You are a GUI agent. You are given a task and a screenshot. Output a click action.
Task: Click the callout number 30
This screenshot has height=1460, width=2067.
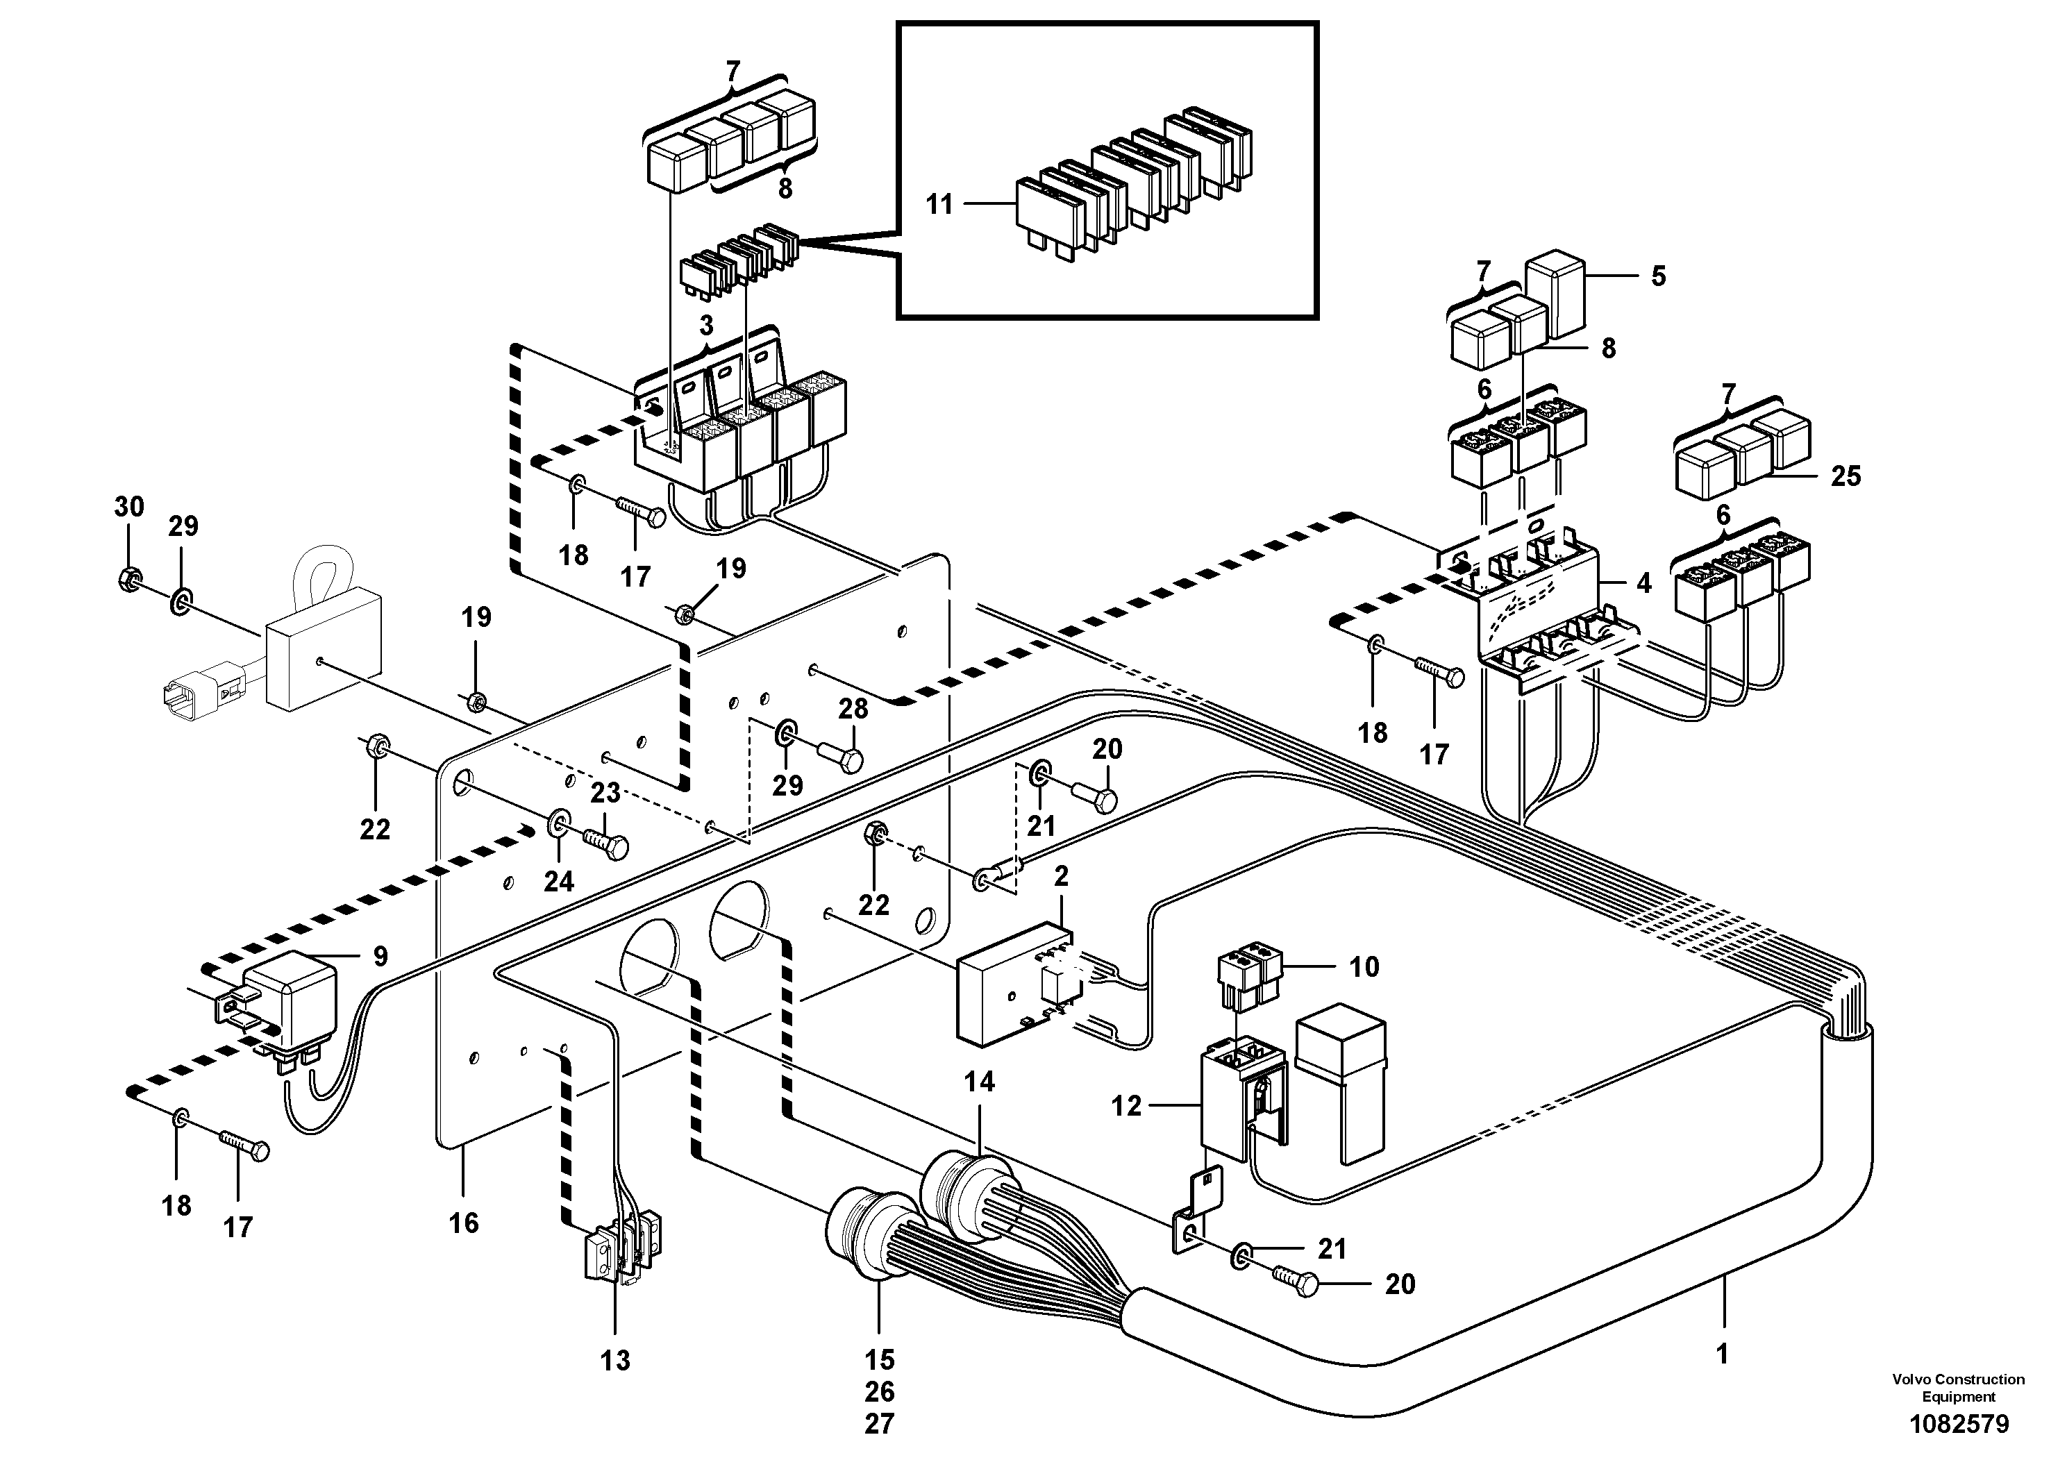tap(128, 507)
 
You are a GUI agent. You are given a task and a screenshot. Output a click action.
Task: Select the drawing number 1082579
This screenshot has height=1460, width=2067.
tap(1959, 1424)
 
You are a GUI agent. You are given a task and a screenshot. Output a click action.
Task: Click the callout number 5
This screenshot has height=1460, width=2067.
tap(1658, 276)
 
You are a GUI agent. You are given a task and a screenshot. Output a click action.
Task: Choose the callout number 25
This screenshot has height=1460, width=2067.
tap(1846, 476)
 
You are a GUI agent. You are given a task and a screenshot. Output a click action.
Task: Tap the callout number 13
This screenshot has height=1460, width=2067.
tap(616, 1360)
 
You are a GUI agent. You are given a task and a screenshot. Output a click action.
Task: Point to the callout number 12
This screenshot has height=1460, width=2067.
tap(1126, 1105)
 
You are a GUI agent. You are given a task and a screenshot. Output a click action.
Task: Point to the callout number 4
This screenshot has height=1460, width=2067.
tap(1644, 583)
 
